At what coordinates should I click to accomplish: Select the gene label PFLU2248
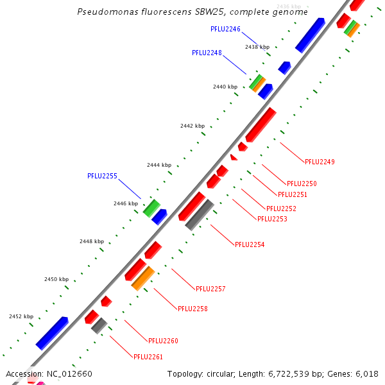click(x=207, y=53)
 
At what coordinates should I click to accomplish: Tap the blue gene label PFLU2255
click(x=102, y=175)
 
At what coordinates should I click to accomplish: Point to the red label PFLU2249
click(x=320, y=162)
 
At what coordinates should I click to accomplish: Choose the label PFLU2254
click(x=250, y=244)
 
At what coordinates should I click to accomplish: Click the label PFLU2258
click(x=193, y=309)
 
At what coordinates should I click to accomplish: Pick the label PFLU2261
click(x=148, y=356)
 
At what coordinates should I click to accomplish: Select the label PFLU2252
click(x=281, y=209)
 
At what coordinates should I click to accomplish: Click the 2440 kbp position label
click(x=225, y=87)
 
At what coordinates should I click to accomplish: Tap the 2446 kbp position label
click(x=126, y=203)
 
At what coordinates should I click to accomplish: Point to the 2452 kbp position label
click(x=21, y=316)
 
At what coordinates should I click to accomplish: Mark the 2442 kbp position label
click(x=192, y=126)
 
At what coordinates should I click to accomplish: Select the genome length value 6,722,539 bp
click(x=283, y=373)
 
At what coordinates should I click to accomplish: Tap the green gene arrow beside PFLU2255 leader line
click(x=151, y=207)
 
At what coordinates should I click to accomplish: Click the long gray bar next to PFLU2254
click(x=199, y=214)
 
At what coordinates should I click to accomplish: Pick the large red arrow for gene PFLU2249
click(x=261, y=124)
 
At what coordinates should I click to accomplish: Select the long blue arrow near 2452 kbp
click(x=52, y=333)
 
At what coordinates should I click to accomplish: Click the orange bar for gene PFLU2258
click(x=143, y=278)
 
